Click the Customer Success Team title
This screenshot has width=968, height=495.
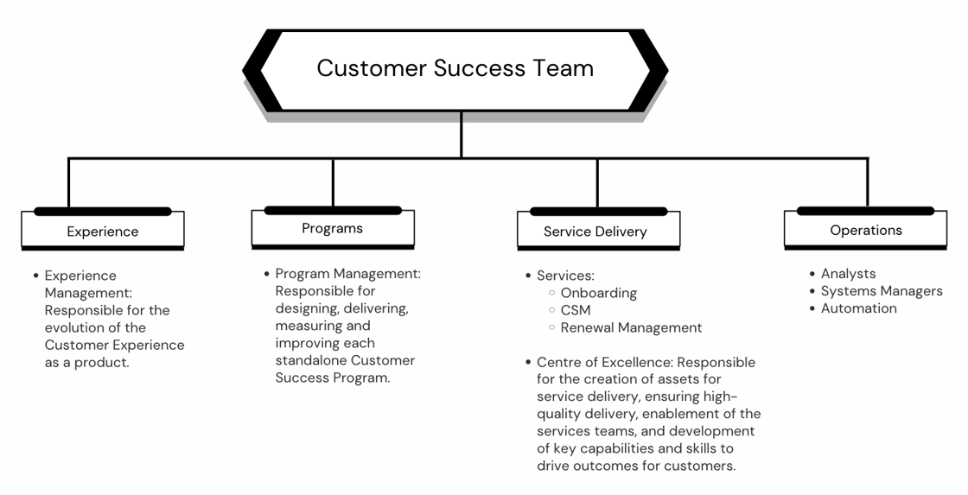pos(455,68)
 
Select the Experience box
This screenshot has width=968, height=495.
pos(103,232)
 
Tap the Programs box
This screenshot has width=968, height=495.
pos(333,229)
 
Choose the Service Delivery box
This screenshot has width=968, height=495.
pos(595,232)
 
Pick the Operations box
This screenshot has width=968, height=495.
pos(865,231)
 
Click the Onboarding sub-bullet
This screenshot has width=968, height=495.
pos(598,293)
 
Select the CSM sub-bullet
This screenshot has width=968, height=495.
pos(576,310)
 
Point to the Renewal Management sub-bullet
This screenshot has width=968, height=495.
pos(631,327)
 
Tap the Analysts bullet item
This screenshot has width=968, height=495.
pos(848,274)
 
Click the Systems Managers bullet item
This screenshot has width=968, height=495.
pos(882,291)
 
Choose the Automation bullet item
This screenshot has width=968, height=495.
pos(858,308)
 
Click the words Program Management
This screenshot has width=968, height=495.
pos(347,274)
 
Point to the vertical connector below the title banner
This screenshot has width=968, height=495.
pos(462,135)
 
